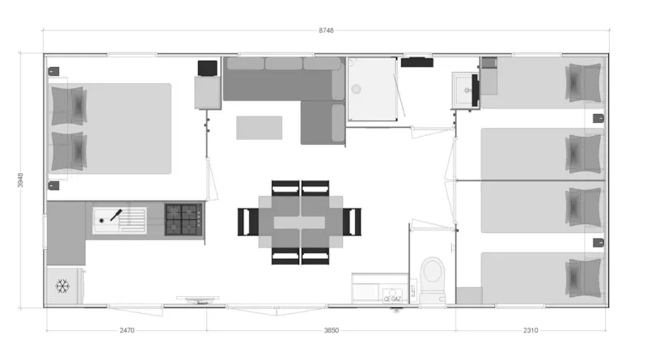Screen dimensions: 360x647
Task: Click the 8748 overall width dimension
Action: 326,30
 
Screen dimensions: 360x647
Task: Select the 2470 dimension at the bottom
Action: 126,330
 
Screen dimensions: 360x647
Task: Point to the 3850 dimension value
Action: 331,330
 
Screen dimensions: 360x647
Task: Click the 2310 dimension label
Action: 531,330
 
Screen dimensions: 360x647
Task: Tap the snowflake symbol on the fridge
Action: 61,286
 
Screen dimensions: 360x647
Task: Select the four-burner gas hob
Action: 184,218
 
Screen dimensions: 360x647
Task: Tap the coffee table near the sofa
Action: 259,128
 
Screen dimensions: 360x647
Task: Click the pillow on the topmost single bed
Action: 583,83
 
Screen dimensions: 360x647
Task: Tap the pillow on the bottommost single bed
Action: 583,277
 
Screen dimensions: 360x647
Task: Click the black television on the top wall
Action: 417,61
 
